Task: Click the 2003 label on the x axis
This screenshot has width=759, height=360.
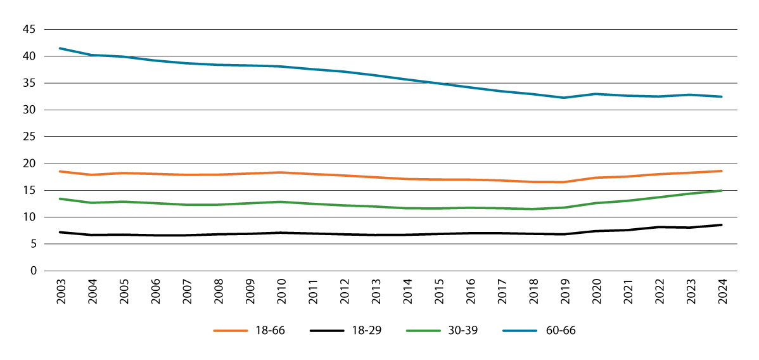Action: coord(60,290)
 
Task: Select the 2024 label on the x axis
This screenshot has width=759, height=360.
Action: coord(722,290)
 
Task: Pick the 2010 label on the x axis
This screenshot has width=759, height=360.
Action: coord(280,290)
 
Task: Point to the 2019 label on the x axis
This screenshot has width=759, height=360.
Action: coord(564,290)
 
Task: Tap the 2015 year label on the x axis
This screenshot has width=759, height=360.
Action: coord(438,290)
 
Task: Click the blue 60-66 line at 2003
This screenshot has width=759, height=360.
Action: coord(60,48)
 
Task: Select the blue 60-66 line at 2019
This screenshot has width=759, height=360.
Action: coord(564,98)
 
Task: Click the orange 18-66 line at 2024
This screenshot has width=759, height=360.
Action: coord(722,171)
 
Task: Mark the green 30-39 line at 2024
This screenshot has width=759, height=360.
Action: coord(722,190)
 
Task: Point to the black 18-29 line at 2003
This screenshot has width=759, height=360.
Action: coord(60,232)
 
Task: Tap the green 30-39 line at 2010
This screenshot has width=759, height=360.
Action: coord(280,202)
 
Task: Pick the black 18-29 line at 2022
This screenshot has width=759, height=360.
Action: coord(658,227)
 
